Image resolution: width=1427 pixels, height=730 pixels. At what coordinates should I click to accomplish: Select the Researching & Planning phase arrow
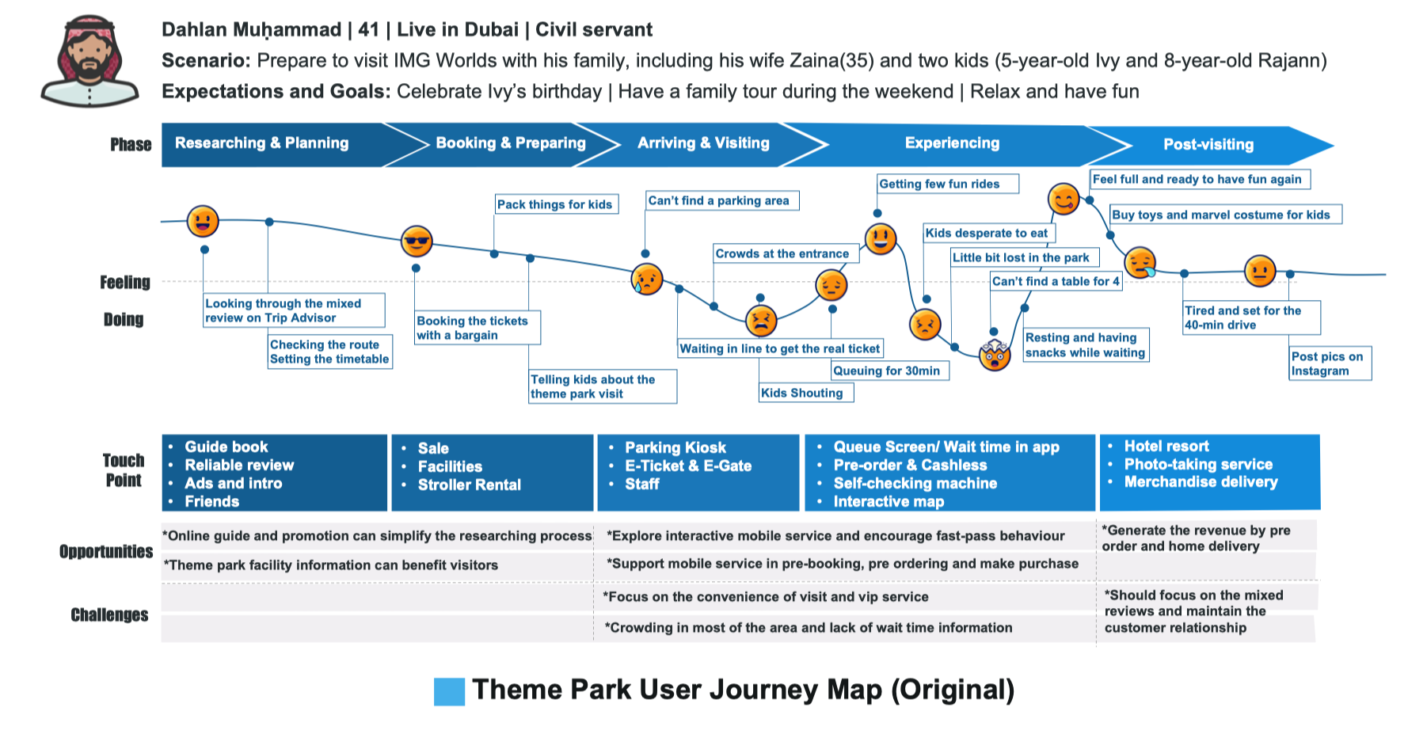[x=262, y=143]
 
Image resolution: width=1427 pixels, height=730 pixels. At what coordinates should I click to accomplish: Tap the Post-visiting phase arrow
[x=1208, y=145]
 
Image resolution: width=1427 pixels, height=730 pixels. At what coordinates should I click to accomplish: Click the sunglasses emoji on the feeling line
[x=417, y=241]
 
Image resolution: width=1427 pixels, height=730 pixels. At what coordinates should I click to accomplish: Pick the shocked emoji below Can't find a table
[x=995, y=355]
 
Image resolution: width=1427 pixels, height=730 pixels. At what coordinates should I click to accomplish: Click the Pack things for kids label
[x=554, y=204]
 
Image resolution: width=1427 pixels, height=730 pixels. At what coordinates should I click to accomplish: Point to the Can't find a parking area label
[x=719, y=201]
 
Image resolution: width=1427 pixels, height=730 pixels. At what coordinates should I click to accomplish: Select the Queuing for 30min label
[x=887, y=371]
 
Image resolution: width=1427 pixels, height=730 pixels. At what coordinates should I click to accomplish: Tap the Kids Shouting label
[x=802, y=393]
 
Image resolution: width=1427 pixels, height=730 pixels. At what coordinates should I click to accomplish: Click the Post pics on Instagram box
[x=1328, y=363]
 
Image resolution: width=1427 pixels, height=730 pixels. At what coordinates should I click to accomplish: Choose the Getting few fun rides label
[x=939, y=184]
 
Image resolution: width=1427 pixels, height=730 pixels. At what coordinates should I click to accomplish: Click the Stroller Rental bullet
[x=469, y=485]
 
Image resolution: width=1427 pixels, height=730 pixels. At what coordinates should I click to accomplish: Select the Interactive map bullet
[x=889, y=501]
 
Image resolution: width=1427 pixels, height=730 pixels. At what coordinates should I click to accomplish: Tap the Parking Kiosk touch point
[x=675, y=447]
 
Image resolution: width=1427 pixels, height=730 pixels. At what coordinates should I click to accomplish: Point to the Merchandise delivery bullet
[x=1201, y=481]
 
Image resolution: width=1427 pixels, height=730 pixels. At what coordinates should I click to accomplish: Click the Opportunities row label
[x=106, y=551]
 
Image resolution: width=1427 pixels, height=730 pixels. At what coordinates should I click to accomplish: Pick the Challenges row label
[x=109, y=614]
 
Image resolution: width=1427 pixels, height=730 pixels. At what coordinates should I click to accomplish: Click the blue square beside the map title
[x=449, y=691]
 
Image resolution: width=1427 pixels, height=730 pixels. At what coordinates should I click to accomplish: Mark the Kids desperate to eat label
[x=986, y=233]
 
